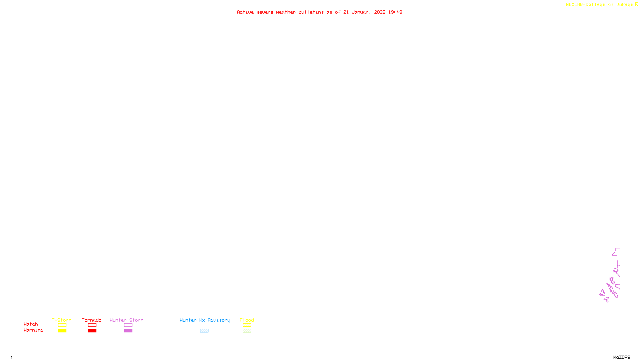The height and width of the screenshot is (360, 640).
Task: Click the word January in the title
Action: [361, 12]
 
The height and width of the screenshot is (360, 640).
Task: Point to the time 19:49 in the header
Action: [395, 12]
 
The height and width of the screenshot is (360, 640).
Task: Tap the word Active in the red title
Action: [245, 12]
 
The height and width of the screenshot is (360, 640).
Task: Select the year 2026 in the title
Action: [380, 12]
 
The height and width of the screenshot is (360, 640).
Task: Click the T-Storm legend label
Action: [62, 320]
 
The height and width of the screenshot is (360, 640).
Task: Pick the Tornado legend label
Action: [92, 320]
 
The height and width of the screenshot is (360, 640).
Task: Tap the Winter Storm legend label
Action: [126, 320]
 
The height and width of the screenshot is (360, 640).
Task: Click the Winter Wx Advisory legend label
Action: [205, 320]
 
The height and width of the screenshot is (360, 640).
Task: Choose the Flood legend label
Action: [247, 320]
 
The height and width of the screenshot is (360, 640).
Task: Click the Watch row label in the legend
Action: [31, 324]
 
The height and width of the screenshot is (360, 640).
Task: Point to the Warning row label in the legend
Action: [34, 330]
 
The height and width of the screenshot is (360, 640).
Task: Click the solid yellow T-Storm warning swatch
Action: [62, 331]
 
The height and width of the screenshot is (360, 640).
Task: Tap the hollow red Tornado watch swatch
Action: [92, 325]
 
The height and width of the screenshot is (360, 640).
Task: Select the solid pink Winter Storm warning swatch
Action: [128, 331]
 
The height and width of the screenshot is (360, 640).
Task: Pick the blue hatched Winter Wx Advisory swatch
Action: [204, 331]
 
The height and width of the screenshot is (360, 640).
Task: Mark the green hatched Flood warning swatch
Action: [247, 331]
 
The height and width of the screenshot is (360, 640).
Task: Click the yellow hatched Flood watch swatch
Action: [247, 325]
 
